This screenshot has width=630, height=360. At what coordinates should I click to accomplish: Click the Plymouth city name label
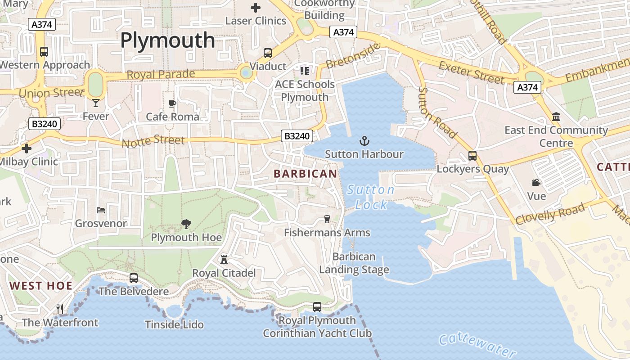click(x=167, y=40)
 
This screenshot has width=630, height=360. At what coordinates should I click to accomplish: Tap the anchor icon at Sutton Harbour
click(x=364, y=141)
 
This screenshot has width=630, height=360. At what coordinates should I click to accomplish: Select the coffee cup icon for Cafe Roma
click(x=172, y=104)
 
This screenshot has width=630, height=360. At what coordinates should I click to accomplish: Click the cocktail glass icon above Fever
click(x=95, y=103)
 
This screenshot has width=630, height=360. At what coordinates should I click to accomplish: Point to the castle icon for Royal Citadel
click(x=224, y=259)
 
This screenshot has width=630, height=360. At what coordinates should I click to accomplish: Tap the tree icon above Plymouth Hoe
click(x=186, y=224)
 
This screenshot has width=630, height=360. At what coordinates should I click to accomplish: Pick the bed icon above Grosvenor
click(x=101, y=210)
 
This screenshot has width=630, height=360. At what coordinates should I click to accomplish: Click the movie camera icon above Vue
click(x=536, y=182)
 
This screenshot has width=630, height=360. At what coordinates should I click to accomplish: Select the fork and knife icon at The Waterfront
click(x=60, y=309)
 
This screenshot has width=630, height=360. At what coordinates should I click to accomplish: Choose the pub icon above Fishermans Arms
click(x=327, y=219)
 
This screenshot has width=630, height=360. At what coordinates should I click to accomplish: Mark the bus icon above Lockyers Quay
click(x=472, y=156)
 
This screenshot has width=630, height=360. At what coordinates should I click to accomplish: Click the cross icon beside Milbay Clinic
click(x=27, y=148)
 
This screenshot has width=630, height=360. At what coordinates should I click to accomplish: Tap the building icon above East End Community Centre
click(x=556, y=117)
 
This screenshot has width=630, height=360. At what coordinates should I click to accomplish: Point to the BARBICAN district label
click(x=305, y=174)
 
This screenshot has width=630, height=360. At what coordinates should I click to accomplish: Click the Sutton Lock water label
click(x=371, y=197)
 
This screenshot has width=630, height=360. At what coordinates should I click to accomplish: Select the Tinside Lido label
click(x=174, y=324)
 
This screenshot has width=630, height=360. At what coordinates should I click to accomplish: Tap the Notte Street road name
click(x=153, y=141)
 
